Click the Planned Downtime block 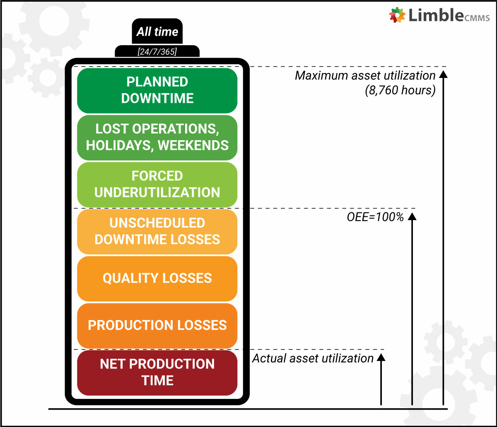point(157,90)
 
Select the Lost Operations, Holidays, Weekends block point(157,138)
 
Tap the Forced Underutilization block point(157,184)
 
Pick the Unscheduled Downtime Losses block point(157,232)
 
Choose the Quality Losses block point(157,279)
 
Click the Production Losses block point(157,326)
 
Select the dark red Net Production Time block point(157,373)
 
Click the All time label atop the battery point(157,32)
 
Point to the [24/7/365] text point(157,52)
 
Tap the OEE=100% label point(375,217)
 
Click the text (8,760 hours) point(400,90)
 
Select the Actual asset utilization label point(313,359)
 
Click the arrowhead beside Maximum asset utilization point(443,74)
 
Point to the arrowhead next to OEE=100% point(412,216)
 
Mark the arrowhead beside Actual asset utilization point(381,357)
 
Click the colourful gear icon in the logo point(397,15)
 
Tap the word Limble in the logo point(436,15)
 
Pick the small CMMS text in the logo point(477,18)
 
